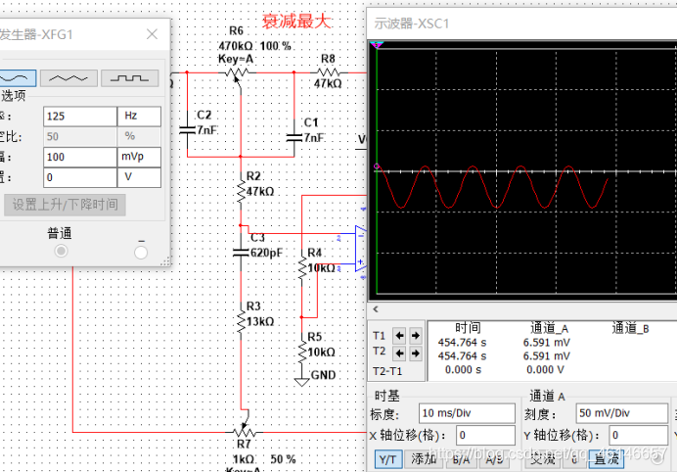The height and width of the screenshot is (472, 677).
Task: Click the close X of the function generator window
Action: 152,34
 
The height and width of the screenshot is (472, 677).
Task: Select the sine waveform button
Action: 19,77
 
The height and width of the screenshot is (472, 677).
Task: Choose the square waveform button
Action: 129,77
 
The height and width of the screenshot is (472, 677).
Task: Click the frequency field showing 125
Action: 78,116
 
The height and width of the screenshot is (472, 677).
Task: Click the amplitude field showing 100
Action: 78,157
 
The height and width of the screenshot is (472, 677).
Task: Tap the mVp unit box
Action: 138,157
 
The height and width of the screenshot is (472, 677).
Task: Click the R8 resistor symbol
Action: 327,71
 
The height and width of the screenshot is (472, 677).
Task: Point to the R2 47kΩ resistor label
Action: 259,184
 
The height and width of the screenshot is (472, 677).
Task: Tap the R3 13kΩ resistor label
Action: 259,313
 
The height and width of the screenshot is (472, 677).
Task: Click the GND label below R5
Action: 323,376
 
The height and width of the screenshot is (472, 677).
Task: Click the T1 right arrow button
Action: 416,334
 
